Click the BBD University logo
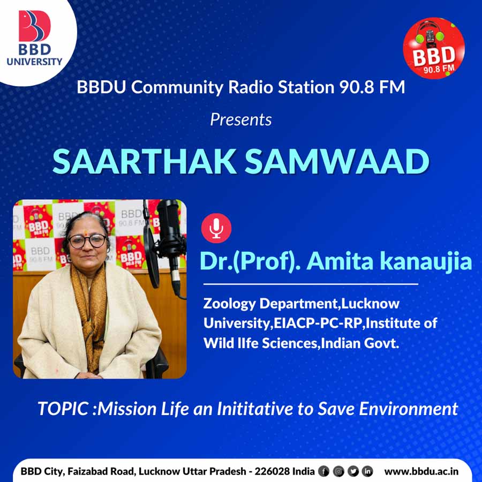(34, 38)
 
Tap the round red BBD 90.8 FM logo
(434, 48)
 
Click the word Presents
(241, 119)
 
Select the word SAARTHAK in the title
(145, 162)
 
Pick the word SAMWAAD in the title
(337, 162)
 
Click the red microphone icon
(216, 228)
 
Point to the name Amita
(340, 261)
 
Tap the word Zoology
(229, 304)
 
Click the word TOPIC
(63, 409)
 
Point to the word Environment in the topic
(409, 409)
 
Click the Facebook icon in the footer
(323, 471)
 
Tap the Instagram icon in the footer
(338, 471)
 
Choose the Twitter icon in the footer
(353, 471)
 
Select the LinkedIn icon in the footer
(367, 471)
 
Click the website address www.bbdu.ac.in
(421, 471)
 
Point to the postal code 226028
(272, 471)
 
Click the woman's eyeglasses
(87, 241)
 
